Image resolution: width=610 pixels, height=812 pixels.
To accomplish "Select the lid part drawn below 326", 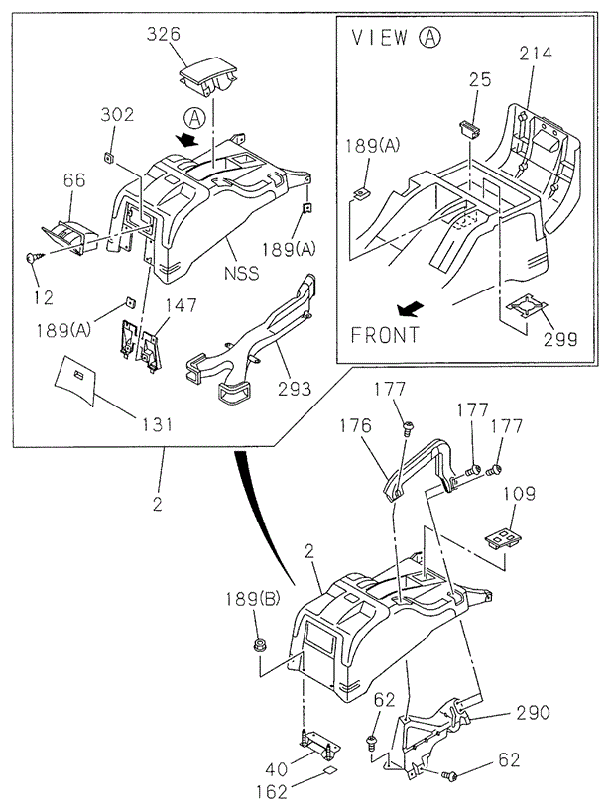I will (x=209, y=78).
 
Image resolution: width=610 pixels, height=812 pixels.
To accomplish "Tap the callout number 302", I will (x=116, y=114).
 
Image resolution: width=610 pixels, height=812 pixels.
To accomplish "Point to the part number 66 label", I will (x=74, y=179).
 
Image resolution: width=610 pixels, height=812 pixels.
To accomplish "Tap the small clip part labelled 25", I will (x=469, y=128).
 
